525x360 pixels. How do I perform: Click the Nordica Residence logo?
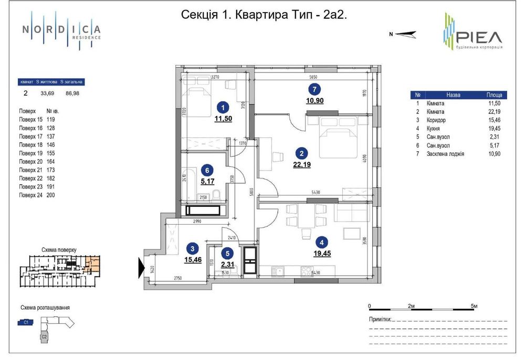click(x=61, y=31)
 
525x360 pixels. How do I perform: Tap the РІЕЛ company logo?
click(x=471, y=33)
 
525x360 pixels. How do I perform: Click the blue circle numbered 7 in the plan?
click(x=313, y=89)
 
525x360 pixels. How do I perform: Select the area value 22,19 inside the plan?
click(x=301, y=164)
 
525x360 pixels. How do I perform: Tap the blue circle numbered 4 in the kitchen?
click(x=321, y=242)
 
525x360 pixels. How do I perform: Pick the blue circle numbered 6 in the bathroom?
click(x=208, y=170)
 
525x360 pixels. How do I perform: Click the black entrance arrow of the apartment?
click(x=141, y=267)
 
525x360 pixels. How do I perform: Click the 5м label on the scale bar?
click(x=474, y=305)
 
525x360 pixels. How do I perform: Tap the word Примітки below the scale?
click(x=380, y=319)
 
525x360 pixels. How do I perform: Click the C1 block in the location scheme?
click(x=26, y=323)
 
